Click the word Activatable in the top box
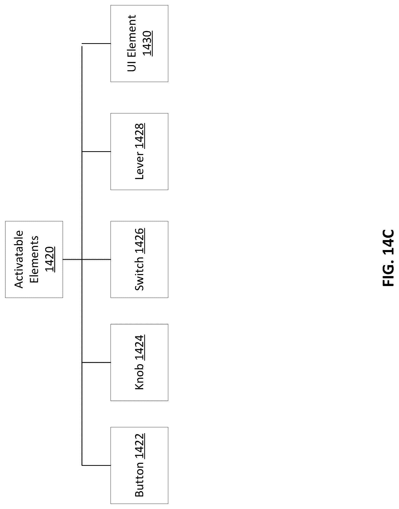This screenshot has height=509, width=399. coord(19,259)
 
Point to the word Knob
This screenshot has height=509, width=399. coord(139,377)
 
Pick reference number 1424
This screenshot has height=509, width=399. coord(139,348)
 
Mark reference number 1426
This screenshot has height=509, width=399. coord(139,241)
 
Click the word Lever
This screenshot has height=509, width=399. coord(139,165)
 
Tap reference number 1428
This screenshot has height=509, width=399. coord(139,136)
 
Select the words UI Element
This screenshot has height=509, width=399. coord(132,43)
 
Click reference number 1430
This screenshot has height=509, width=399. coord(147,43)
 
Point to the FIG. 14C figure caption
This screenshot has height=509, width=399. coord(388,258)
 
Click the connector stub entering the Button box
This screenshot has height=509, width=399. coord(96,465)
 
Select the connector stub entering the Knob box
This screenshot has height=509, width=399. coord(96,362)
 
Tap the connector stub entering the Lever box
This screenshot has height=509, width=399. coord(96,151)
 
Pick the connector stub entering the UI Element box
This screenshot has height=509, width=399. coord(96,43)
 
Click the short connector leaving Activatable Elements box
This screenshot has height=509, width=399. coord(72,259)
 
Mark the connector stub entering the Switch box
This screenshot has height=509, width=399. coord(96,259)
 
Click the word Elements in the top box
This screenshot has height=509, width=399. coord(34,259)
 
